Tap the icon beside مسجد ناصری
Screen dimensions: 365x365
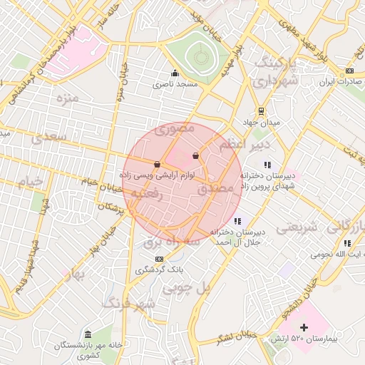175,73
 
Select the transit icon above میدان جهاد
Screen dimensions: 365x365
261,110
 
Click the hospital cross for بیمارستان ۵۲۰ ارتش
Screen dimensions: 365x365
304,327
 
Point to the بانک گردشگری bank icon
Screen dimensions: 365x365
159,259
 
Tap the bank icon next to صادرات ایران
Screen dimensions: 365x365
349,71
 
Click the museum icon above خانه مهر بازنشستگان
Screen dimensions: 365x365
88,335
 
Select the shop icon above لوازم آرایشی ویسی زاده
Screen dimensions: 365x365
157,164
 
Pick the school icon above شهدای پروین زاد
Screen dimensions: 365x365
267,165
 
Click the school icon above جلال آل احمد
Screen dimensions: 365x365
237,221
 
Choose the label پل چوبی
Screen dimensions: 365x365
188,289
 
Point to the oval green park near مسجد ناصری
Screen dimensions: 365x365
197,57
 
